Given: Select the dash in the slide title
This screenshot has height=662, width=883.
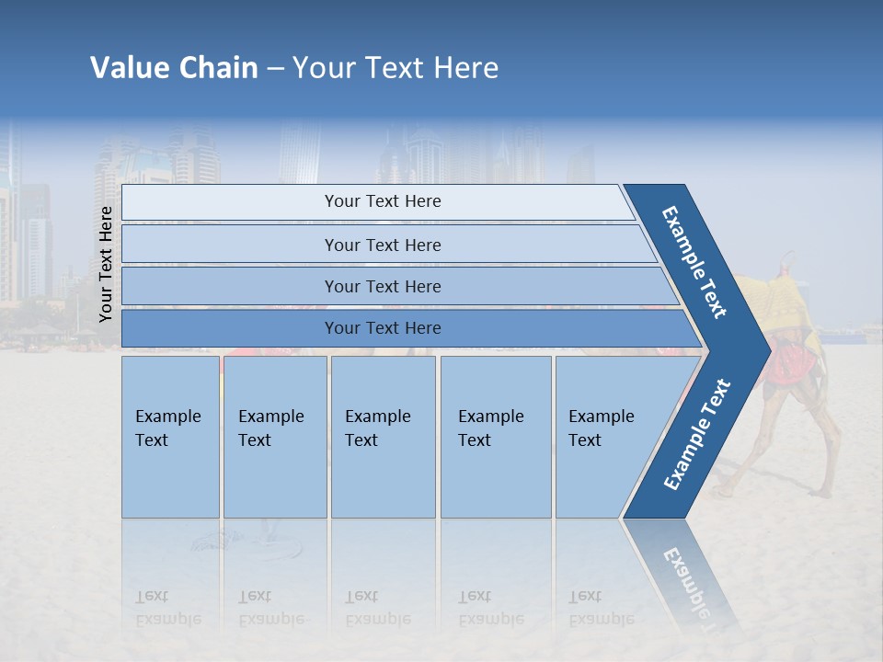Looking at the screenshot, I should (x=275, y=69).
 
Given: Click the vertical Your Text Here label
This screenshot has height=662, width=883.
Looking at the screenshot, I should (x=106, y=264).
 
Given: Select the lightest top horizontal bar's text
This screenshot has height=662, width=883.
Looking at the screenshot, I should (x=383, y=201).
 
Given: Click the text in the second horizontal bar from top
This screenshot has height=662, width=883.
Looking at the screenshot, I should (x=383, y=245).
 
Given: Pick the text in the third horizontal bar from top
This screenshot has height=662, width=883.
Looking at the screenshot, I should (x=383, y=286).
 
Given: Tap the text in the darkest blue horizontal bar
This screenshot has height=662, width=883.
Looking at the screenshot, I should (x=383, y=328).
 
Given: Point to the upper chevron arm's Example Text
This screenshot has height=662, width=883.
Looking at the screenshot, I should (x=694, y=262).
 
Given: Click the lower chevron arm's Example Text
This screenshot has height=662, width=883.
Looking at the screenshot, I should (x=697, y=434).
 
